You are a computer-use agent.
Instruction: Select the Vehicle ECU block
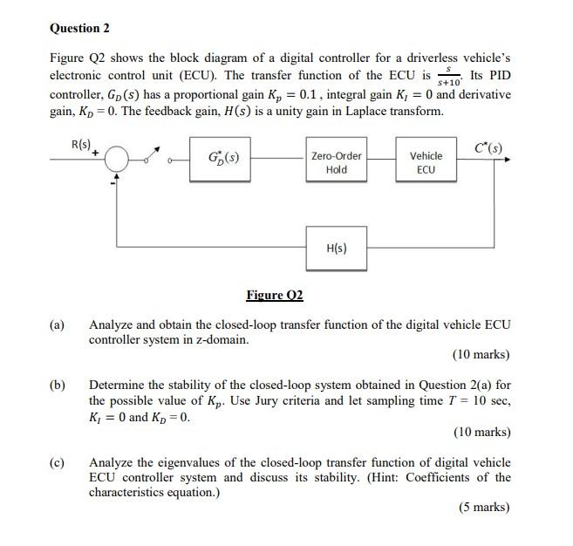click(x=426, y=162)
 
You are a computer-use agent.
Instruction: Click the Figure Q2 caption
click(x=275, y=295)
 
